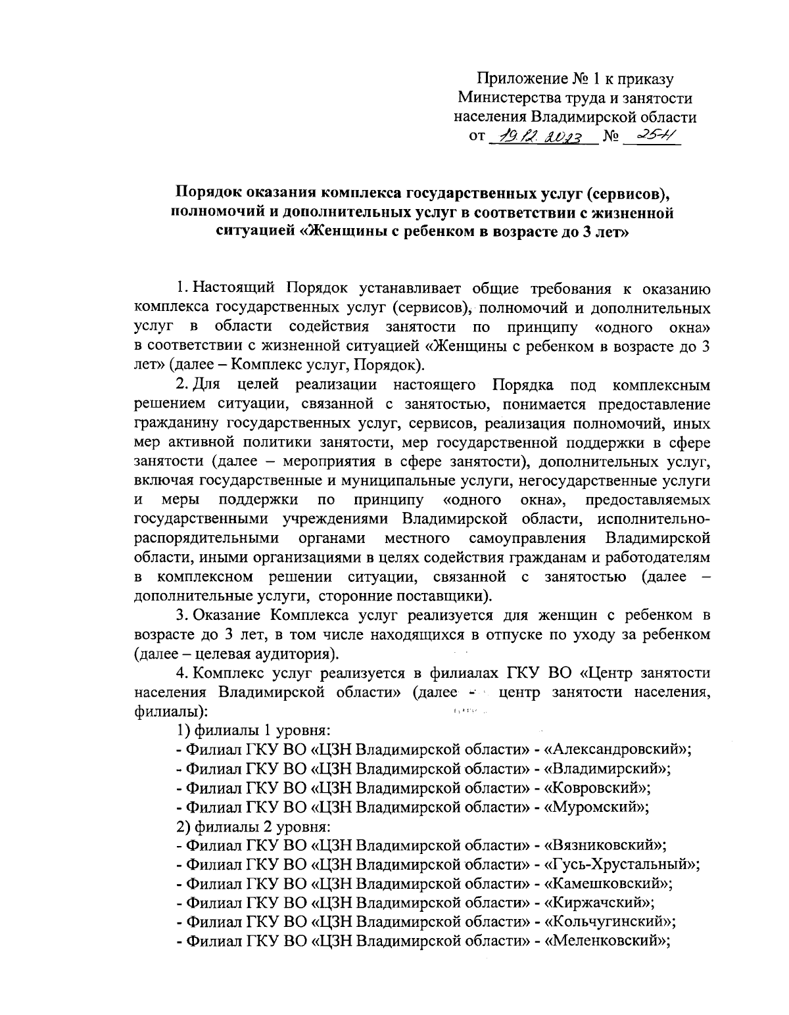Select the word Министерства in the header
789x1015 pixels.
[x=501, y=99]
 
